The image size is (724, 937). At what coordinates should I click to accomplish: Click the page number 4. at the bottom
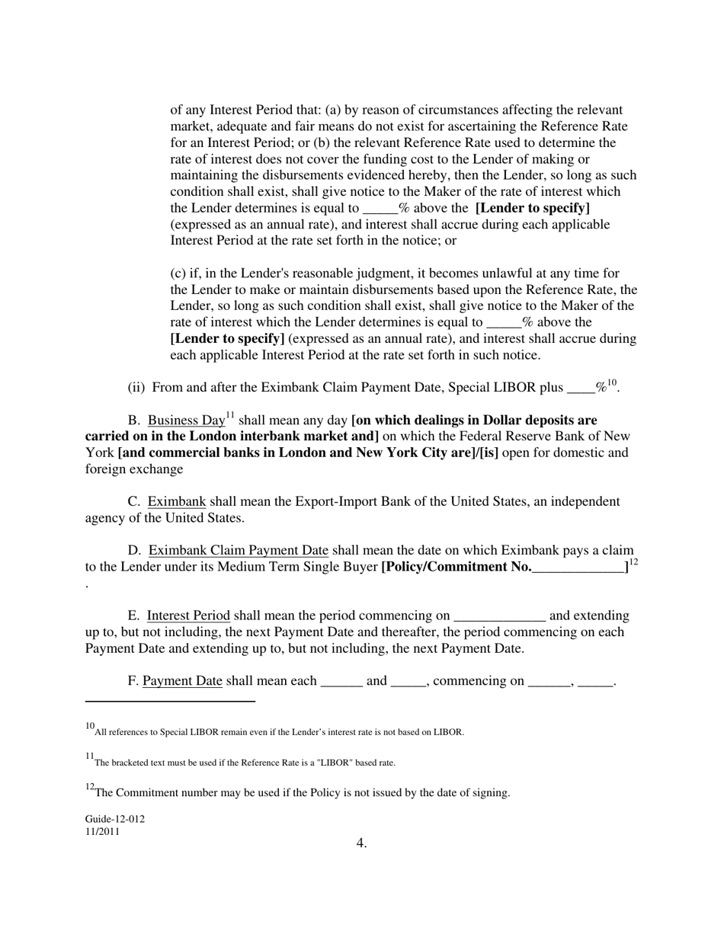(361, 843)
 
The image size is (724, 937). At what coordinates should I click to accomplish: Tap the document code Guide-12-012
(115, 819)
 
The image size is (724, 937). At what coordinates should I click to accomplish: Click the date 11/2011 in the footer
(102, 832)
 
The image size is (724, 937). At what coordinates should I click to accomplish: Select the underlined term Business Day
(186, 421)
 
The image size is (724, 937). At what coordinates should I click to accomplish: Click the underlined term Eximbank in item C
(176, 502)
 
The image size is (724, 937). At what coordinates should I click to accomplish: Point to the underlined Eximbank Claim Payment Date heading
(238, 551)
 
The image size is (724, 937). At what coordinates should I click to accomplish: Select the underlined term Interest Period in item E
(188, 616)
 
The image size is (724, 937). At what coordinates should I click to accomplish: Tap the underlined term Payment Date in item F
(182, 681)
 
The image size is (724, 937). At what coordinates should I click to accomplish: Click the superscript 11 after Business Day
(230, 416)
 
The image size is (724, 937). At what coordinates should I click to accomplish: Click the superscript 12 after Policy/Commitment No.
(633, 562)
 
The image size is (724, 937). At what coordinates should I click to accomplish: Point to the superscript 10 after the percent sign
(612, 383)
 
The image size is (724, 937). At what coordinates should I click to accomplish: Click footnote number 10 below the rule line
(90, 728)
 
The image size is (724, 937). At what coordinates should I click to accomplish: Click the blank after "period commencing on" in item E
(499, 616)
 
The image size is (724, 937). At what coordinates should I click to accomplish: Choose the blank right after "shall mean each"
(341, 682)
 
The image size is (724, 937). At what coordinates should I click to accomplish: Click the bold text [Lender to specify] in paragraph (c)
(228, 339)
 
